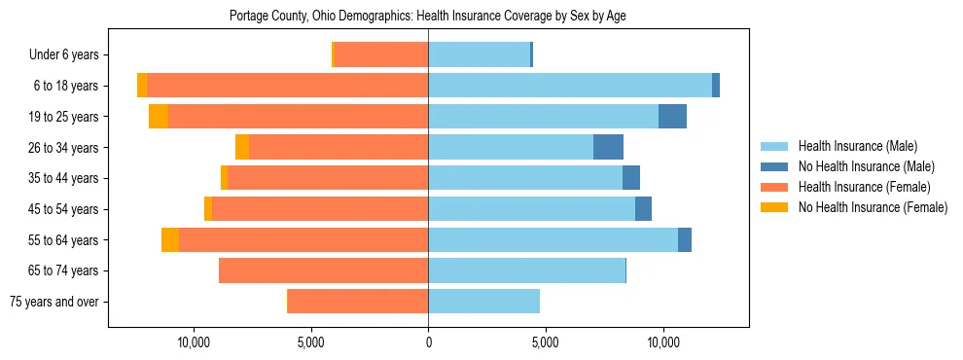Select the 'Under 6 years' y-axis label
tap(69, 55)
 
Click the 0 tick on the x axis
tap(428, 342)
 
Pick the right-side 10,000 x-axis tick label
tap(662, 342)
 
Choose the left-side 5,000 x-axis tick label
tap(311, 342)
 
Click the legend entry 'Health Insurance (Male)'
tap(857, 146)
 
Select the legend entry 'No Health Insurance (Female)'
tap(873, 207)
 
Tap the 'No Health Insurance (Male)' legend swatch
tap(774, 166)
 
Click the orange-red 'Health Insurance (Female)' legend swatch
tap(774, 187)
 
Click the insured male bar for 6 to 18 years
tap(570, 86)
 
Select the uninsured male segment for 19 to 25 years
tap(672, 117)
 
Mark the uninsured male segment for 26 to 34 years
tap(608, 148)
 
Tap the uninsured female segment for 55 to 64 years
tap(170, 240)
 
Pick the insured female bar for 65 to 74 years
tap(324, 270)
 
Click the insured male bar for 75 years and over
tap(483, 302)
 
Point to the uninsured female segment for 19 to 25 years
tap(159, 117)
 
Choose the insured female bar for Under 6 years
tap(380, 55)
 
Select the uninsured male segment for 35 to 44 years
tap(631, 178)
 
